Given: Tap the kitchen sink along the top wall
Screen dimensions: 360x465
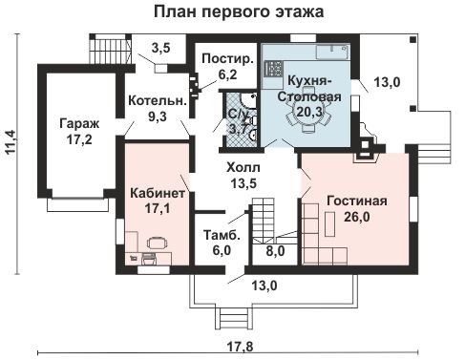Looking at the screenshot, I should pyautogui.click(x=333, y=48).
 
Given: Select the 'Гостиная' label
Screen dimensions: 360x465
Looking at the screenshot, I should pyautogui.click(x=355, y=201).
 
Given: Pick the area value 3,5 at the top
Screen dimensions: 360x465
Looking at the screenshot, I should pyautogui.click(x=161, y=48).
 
